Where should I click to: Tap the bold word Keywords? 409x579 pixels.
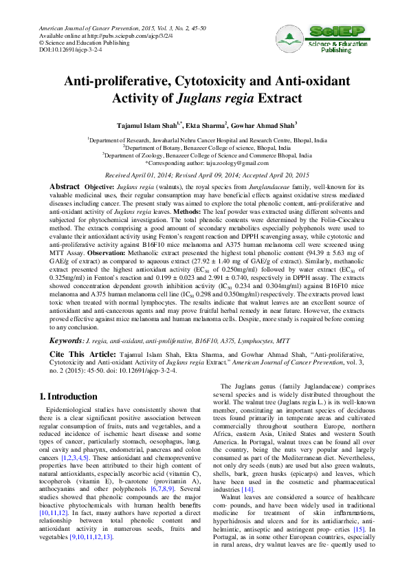pyautogui.click(x=67, y=341)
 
